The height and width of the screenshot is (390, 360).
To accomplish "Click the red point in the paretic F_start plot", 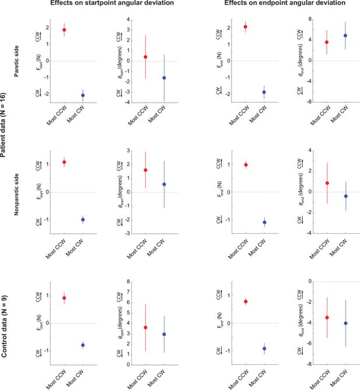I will tap(64, 30).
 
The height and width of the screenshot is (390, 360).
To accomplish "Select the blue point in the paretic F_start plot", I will tap(83, 95).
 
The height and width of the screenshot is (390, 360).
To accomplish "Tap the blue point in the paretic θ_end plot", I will tap(345, 36).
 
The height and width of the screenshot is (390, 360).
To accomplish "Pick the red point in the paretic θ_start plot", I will tap(145, 57).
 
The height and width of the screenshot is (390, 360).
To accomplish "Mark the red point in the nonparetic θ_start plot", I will tap(145, 170).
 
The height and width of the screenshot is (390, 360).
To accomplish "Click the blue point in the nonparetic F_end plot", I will tap(264, 222).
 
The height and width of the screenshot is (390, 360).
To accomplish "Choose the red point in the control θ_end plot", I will tap(327, 318).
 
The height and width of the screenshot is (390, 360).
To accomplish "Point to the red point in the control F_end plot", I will tap(246, 301).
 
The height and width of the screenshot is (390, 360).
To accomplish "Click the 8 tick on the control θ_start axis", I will tap(129, 282).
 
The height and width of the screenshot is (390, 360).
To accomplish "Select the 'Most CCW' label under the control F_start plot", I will tap(57, 379).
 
